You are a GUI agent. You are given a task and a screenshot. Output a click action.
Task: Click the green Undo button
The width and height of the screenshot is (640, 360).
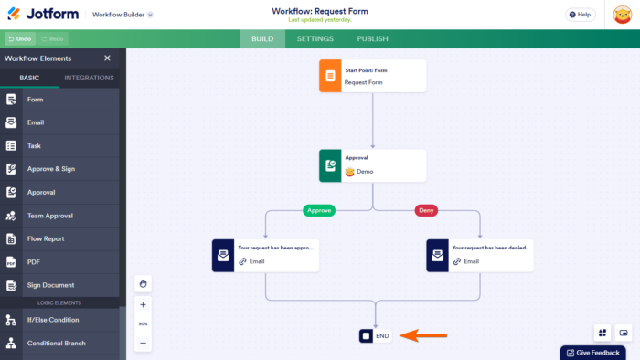[x=20, y=39]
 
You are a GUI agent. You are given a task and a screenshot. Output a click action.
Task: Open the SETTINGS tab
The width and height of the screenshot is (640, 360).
[x=314, y=39]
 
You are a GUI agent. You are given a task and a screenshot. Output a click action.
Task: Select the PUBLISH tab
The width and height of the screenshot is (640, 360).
[x=372, y=39]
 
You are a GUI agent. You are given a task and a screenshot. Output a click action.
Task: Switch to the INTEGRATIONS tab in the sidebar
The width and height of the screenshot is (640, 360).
[x=90, y=78]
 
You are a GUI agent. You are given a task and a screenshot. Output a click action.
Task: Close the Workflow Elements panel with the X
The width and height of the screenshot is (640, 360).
[x=107, y=58]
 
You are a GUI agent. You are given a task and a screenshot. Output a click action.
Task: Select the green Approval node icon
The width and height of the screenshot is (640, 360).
[x=329, y=165]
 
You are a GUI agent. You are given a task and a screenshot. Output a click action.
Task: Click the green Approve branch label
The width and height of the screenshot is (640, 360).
[x=319, y=210]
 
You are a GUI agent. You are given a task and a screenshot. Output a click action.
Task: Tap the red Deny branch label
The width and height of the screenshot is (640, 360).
[x=426, y=210]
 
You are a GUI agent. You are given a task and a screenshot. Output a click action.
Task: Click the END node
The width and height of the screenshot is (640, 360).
[x=375, y=336]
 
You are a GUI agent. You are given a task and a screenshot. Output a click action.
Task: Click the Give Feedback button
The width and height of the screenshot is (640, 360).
[x=592, y=353]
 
